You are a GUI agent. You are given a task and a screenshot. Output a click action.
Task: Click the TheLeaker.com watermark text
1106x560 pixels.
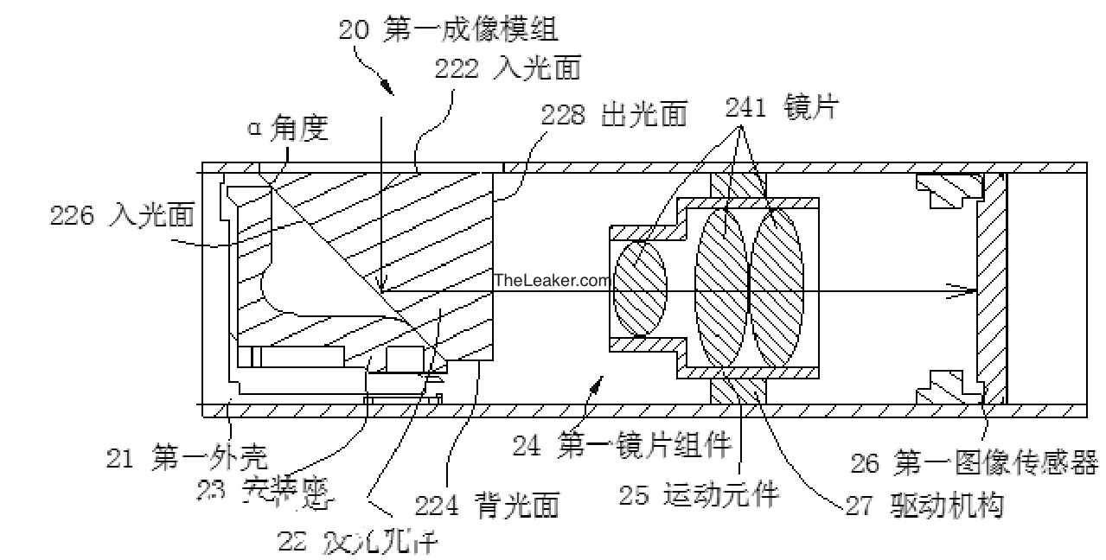click(552, 280)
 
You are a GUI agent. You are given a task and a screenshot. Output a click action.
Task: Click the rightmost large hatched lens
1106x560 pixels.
click(777, 290)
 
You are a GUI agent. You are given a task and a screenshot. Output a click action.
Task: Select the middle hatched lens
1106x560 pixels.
click(721, 290)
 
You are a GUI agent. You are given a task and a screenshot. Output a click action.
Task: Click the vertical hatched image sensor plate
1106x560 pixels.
click(991, 290)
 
